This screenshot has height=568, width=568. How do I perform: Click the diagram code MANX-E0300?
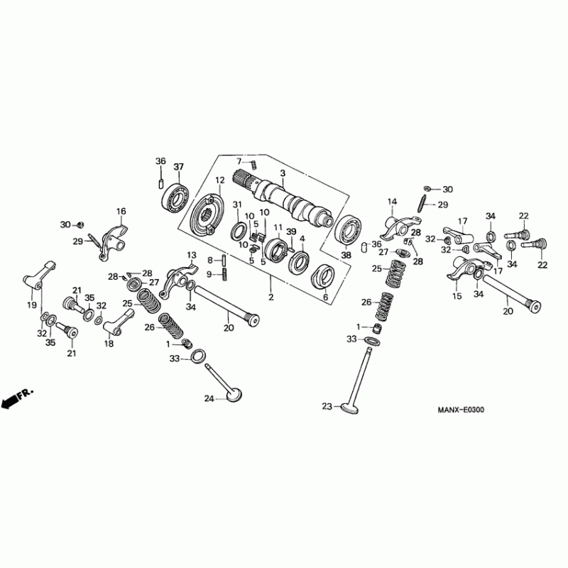point(464,410)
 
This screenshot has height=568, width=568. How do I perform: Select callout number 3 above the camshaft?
point(283,173)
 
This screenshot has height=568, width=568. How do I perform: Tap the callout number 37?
point(178,167)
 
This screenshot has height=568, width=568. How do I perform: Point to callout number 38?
point(346,255)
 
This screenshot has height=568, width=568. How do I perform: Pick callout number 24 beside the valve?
point(209,399)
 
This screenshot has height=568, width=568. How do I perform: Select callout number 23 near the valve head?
point(327,407)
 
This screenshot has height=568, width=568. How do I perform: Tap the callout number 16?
point(121,212)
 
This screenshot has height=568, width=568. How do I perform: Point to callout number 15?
point(457,295)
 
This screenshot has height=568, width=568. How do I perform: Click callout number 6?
point(326,298)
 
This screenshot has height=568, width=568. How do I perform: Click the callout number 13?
point(191,255)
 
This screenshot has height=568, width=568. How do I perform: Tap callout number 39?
point(290,232)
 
